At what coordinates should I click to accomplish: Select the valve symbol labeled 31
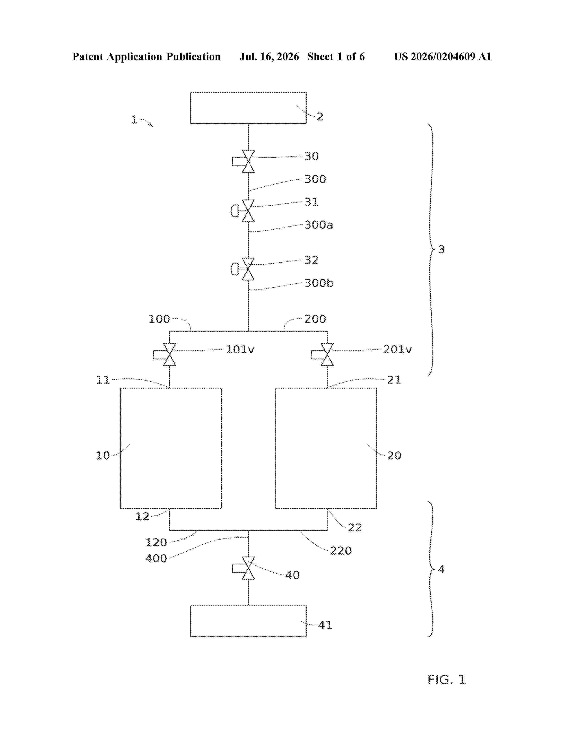pos(243,211)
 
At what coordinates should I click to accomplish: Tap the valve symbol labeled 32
pos(243,269)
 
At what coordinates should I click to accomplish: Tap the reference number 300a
pos(319,225)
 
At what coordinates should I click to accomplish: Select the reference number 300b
pos(319,283)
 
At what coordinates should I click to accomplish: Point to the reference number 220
pos(341,551)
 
